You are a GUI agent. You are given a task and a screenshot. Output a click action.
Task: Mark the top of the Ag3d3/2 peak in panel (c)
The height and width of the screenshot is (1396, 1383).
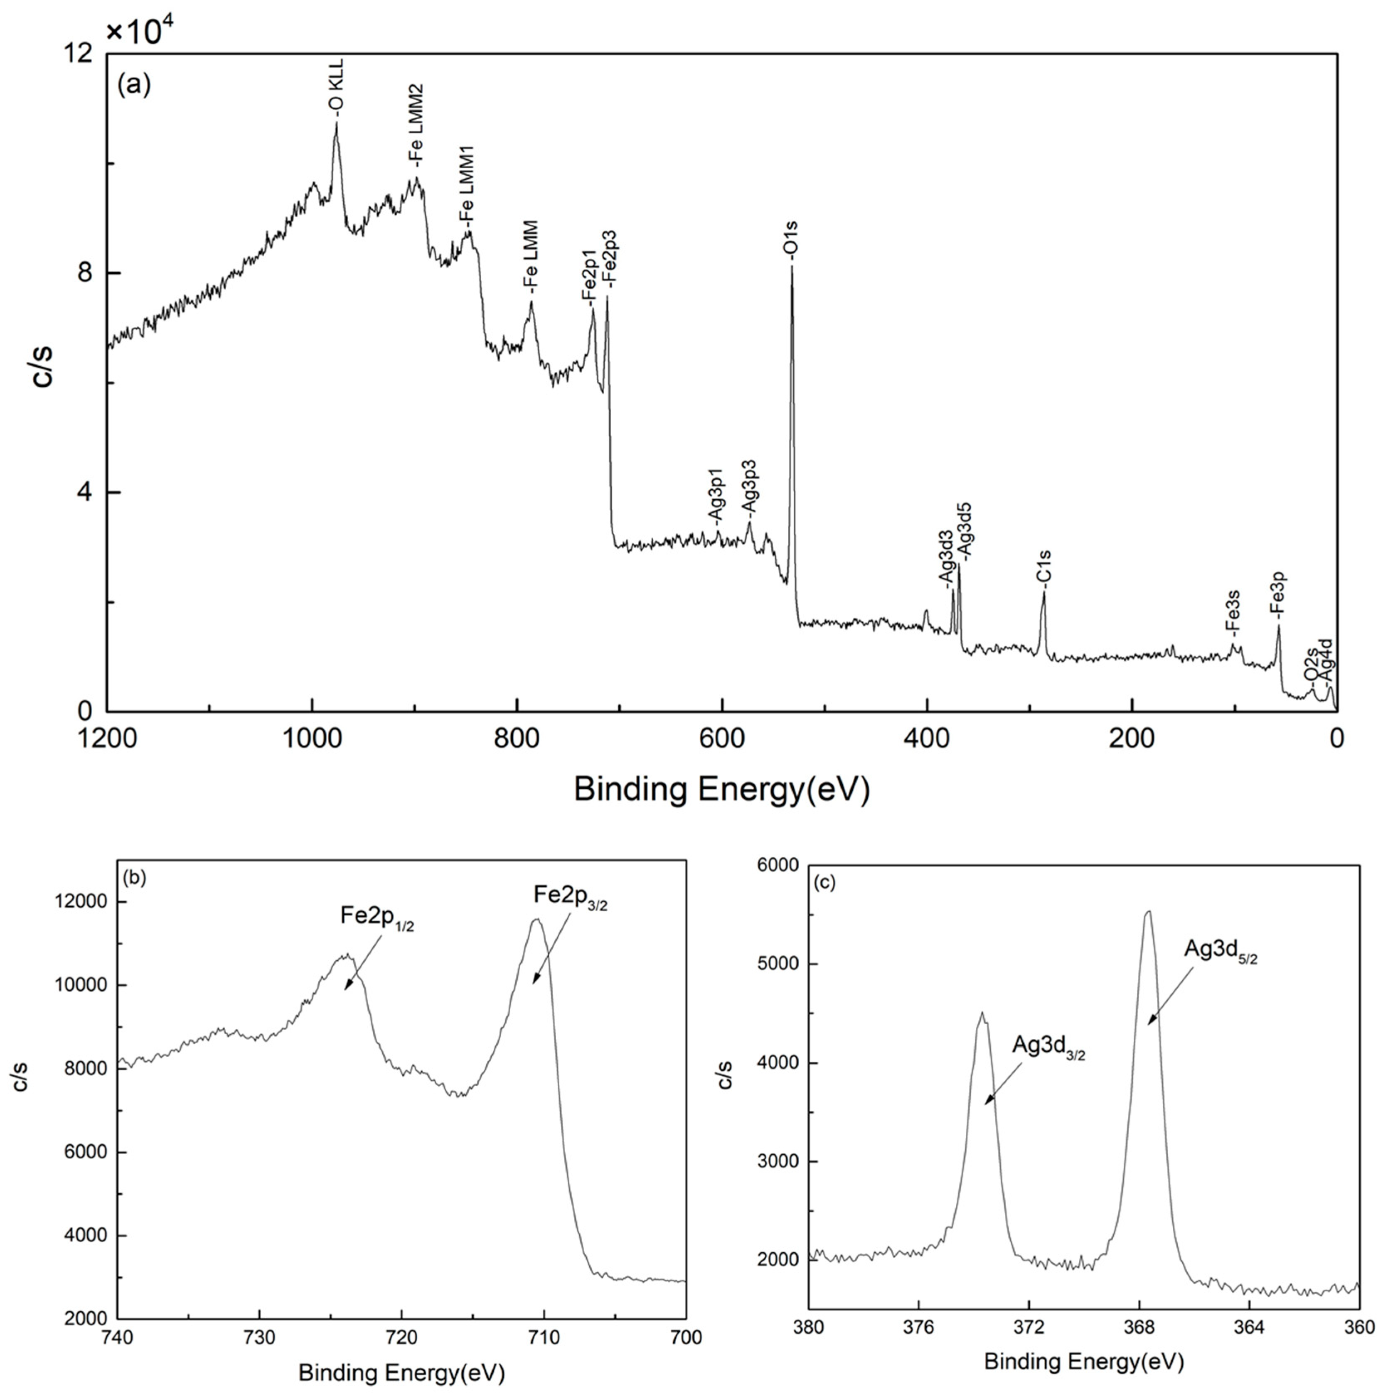[x=982, y=1014]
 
